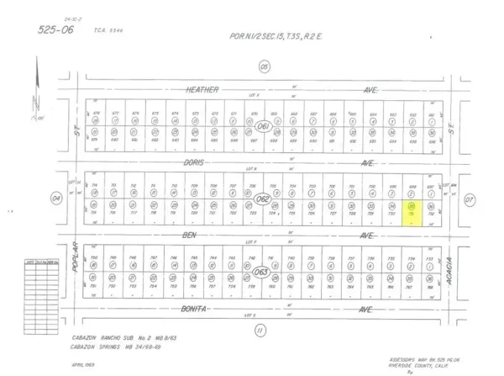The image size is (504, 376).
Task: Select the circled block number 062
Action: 262,199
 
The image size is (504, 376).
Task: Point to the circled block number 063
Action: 262,272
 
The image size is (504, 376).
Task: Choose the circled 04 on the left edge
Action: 57,199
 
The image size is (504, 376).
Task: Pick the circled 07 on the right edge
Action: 470,199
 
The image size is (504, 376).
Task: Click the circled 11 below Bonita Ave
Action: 260,331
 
